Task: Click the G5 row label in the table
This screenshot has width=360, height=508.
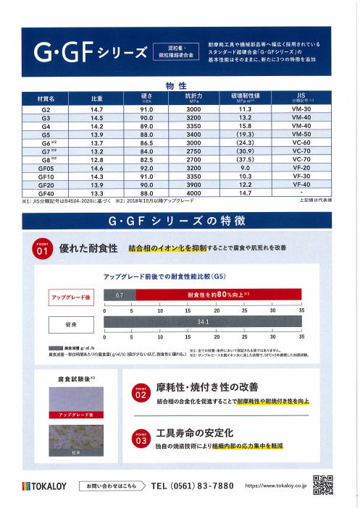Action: [x=46, y=134]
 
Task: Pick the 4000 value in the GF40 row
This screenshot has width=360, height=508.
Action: [x=193, y=193]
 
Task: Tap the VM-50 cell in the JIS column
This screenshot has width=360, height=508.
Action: [x=301, y=134]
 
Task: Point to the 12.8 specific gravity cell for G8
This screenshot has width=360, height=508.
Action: [x=97, y=159]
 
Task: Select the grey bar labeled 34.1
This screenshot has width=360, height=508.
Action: [x=203, y=321]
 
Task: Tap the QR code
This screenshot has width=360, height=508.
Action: [x=324, y=485]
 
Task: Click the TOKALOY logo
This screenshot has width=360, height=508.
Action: [x=44, y=486]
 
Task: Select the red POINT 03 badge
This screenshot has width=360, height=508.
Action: [x=141, y=438]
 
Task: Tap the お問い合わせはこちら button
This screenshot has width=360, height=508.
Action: [x=110, y=486]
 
